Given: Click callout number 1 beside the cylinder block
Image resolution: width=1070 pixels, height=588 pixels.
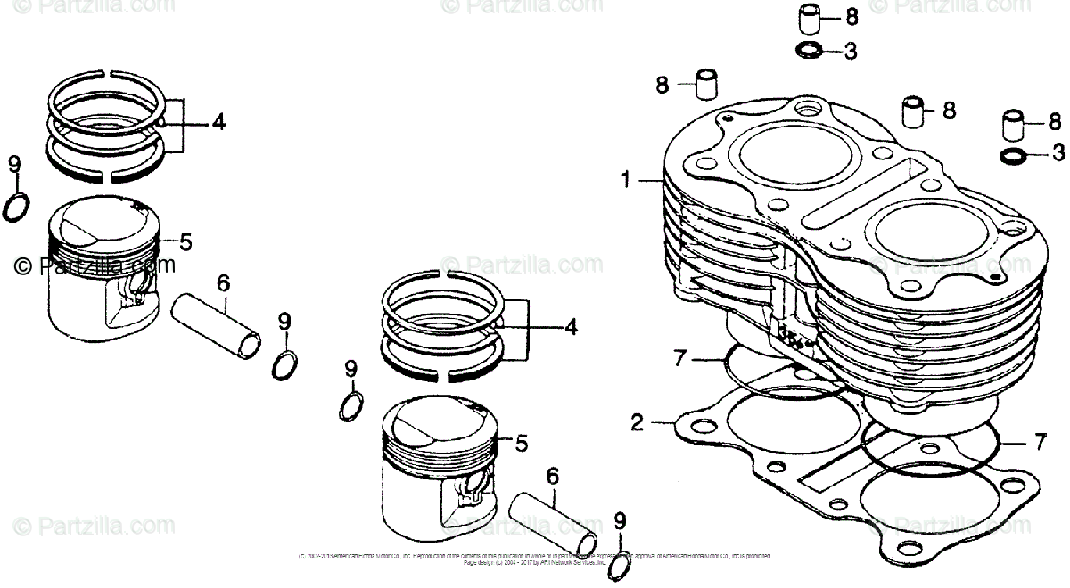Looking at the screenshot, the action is tap(627, 181).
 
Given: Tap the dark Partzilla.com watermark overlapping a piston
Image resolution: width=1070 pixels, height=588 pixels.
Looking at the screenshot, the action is tap(95, 265).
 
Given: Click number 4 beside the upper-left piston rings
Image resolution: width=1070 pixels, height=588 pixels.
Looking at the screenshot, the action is tap(218, 123).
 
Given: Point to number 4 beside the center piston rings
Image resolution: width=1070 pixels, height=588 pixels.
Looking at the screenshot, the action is tap(570, 328).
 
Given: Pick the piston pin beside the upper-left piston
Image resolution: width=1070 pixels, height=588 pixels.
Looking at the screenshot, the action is tap(218, 326).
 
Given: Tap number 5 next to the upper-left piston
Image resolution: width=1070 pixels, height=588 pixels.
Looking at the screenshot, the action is tap(185, 241).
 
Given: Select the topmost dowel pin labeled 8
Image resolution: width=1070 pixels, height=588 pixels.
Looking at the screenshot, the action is tap(809, 18).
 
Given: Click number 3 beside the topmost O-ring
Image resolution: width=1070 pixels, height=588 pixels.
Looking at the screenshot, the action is tap(850, 53).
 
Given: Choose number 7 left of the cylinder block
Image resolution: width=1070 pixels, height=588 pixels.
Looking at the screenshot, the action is tap(680, 358).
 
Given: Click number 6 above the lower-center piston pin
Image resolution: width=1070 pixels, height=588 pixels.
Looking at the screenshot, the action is tap(553, 476).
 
